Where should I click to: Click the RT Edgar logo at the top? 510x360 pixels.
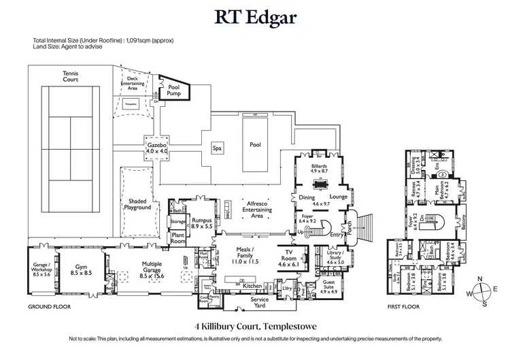(255, 17)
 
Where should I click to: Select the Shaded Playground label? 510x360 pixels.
(139, 204)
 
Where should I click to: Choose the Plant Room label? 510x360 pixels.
(178, 239)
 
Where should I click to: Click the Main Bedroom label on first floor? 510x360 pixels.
(433, 198)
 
